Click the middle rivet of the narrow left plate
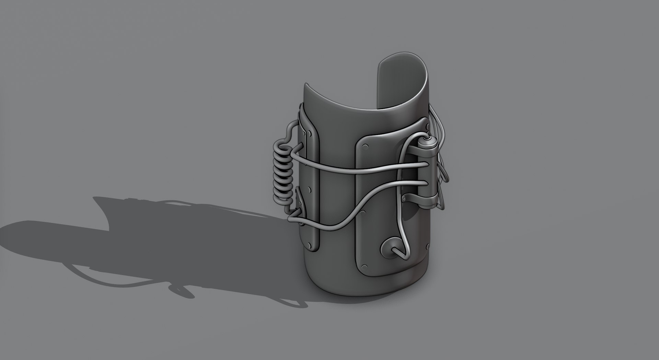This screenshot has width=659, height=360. click(x=310, y=189)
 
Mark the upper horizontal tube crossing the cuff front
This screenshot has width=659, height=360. click(x=357, y=170)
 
